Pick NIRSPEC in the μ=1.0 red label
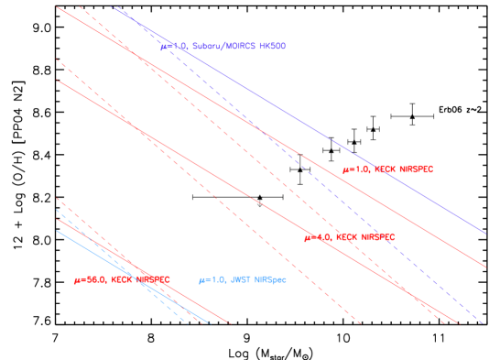(x=416, y=169)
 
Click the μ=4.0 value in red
(x=317, y=237)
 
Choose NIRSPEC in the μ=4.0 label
(x=377, y=237)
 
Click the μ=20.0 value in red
(x=90, y=279)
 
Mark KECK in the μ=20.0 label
(x=122, y=279)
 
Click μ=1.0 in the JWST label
(x=212, y=279)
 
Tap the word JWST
(x=239, y=279)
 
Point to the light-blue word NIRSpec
(x=270, y=279)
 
